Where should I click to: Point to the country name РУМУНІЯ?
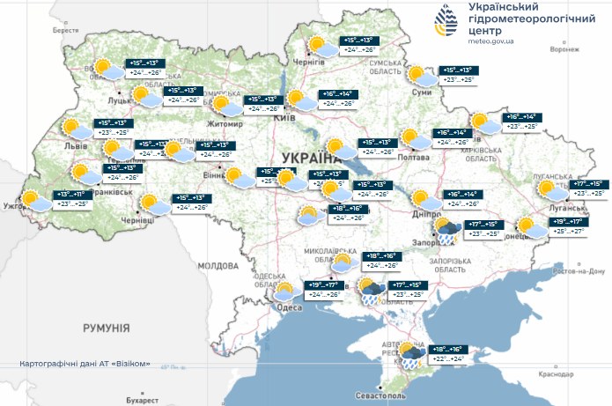click(107, 328)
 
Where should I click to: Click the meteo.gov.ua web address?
click(487, 40)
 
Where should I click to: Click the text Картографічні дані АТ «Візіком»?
click(91, 364)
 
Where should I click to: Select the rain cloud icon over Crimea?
click(409, 355)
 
